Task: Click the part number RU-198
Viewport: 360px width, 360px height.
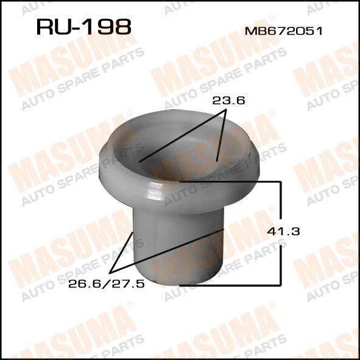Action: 84,27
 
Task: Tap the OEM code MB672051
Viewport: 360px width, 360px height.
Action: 283,31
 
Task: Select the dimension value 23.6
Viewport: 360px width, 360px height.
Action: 228,101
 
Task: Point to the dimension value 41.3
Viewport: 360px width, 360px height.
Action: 283,231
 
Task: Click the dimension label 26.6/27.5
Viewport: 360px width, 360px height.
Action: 107,284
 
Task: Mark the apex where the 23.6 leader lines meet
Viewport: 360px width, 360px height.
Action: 226,110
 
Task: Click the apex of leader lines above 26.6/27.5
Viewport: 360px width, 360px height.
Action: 110,274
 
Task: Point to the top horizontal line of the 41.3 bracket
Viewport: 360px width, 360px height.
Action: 230,182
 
